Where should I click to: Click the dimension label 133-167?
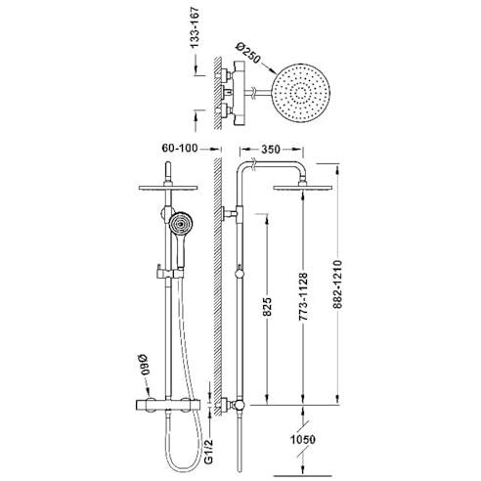[195, 27]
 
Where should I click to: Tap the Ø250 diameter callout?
[248, 53]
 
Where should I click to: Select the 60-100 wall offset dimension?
[180, 149]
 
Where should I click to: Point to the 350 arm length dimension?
[271, 150]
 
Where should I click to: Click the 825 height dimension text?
[267, 306]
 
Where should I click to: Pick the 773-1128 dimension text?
[303, 296]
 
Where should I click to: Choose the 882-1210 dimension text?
[337, 284]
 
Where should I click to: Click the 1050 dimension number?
[303, 439]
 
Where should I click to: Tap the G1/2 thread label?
[208, 451]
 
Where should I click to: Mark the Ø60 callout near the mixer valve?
[145, 366]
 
